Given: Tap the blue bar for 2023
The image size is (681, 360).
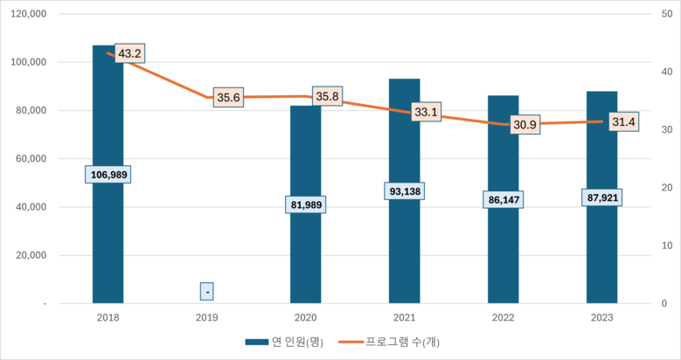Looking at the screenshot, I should [601, 253].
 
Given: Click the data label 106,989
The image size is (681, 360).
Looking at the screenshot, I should [108, 175].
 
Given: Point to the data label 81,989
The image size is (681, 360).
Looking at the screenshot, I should [306, 204].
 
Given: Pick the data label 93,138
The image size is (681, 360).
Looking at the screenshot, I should [405, 190].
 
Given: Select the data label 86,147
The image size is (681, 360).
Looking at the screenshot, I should [503, 199].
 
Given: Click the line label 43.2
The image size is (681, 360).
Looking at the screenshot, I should [129, 53].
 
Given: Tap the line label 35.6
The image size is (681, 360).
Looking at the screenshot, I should [228, 97].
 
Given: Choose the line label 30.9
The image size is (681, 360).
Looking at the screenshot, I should [525, 125].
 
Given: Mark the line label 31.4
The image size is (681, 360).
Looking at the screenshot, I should [623, 121].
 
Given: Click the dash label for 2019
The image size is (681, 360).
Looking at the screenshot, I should [207, 291].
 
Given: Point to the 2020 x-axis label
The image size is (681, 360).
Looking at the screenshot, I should [306, 319].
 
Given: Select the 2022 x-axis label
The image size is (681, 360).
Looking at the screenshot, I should [503, 319].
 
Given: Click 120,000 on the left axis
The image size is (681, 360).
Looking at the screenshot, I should [30, 15].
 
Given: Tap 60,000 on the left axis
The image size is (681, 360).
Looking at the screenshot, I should [32, 159].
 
